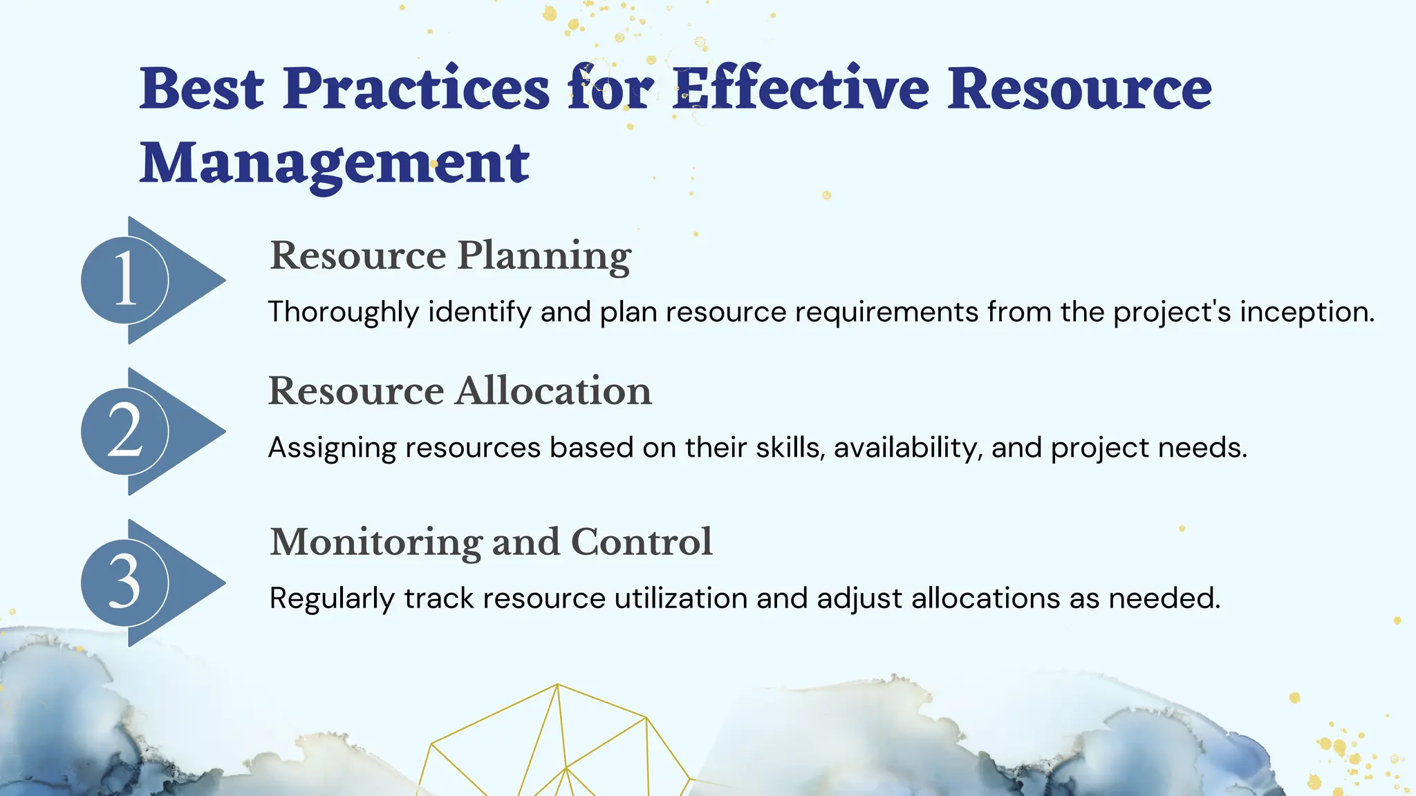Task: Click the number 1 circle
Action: click(125, 280)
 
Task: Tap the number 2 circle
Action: click(125, 431)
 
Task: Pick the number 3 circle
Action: click(125, 582)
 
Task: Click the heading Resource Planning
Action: click(450, 256)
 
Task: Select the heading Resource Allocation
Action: click(460, 391)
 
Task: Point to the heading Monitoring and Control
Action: click(491, 542)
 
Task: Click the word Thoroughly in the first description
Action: click(343, 312)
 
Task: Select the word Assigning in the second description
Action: click(332, 448)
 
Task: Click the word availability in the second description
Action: click(908, 448)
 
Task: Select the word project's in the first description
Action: click(1172, 312)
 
